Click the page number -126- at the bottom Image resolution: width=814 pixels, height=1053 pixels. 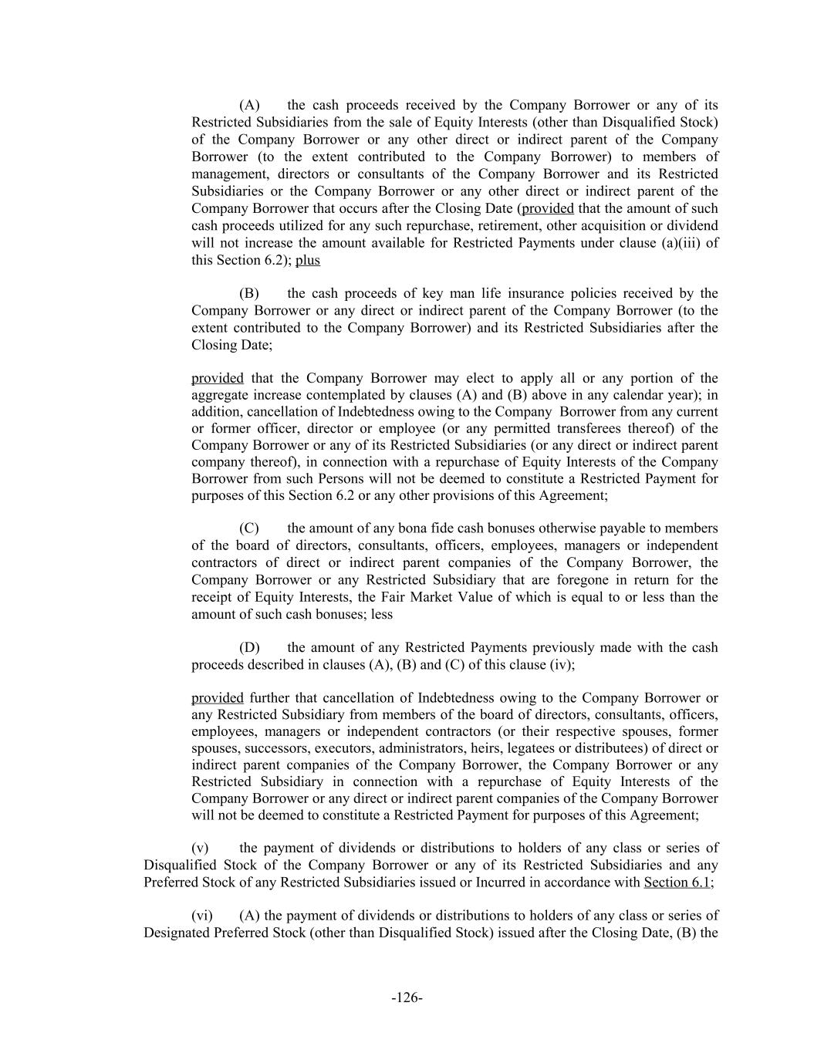[407, 997]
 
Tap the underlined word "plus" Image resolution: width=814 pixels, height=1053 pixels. [307, 260]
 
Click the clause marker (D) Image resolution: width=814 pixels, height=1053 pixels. [249, 647]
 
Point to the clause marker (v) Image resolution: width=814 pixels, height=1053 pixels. [200, 848]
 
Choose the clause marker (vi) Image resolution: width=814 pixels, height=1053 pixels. [202, 916]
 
